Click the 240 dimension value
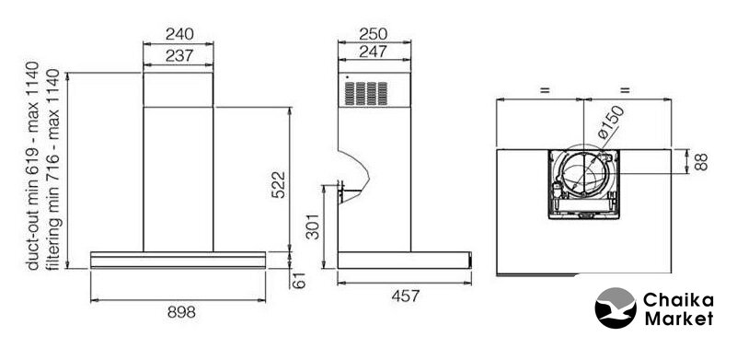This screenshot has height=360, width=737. pos(179,34)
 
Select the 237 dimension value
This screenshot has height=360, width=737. pos(179,55)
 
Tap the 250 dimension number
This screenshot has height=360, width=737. pos(374,34)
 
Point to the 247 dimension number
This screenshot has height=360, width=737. pos(374,52)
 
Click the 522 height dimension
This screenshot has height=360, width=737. pos(278,184)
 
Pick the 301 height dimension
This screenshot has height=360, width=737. pos(313,226)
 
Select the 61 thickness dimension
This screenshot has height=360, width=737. pos(299,281)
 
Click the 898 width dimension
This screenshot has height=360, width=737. pos(181,312)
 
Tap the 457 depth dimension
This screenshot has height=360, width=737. pos(406,296)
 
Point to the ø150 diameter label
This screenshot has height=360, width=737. pos(611,122)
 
